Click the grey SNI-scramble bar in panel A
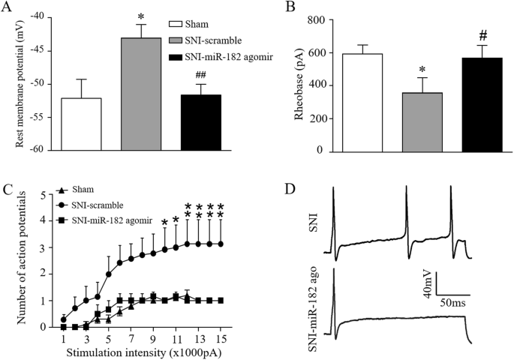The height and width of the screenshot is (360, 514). click(x=140, y=94)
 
